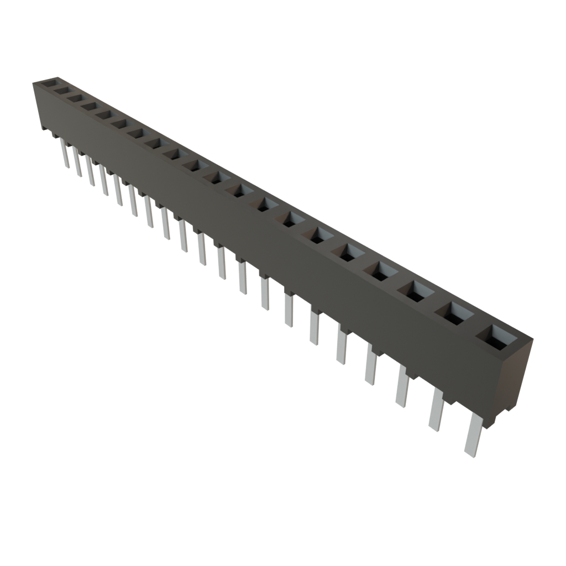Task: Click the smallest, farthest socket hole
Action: coord(50,83)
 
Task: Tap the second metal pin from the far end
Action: coord(76,162)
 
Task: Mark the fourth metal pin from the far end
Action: coord(103,180)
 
